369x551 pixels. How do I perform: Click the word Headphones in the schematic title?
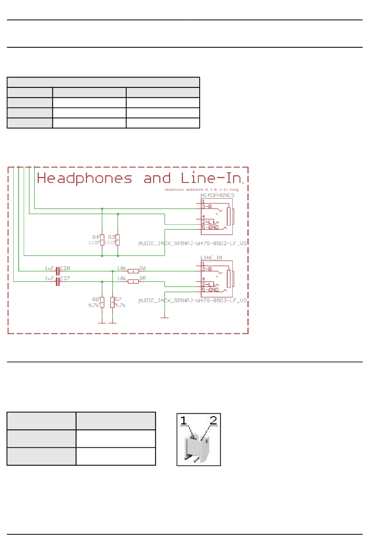click(84, 178)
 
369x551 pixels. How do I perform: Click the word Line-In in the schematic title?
click(211, 178)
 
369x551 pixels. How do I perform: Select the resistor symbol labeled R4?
click(102, 240)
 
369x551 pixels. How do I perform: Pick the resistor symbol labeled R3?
click(118, 240)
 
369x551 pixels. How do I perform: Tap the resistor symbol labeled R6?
click(133, 271)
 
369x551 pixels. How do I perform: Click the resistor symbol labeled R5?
click(133, 281)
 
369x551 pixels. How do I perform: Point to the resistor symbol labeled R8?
click(102, 302)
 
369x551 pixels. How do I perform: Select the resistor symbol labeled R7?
click(112, 302)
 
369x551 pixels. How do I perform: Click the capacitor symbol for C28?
click(58, 271)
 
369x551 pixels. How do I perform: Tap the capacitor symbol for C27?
click(58, 281)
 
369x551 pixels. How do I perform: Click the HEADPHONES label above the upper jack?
click(217, 195)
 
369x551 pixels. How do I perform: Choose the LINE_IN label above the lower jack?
click(211, 258)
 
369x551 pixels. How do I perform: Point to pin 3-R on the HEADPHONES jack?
click(207, 207)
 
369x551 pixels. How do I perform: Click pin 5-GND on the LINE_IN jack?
click(210, 290)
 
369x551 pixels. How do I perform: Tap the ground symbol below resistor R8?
click(102, 322)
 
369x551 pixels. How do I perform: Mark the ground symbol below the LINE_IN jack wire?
click(165, 318)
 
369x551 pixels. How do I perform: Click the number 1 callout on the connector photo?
click(184, 420)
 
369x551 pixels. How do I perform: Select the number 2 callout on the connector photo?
click(213, 420)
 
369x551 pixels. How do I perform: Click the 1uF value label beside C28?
click(49, 268)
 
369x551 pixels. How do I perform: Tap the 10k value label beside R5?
click(122, 278)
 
